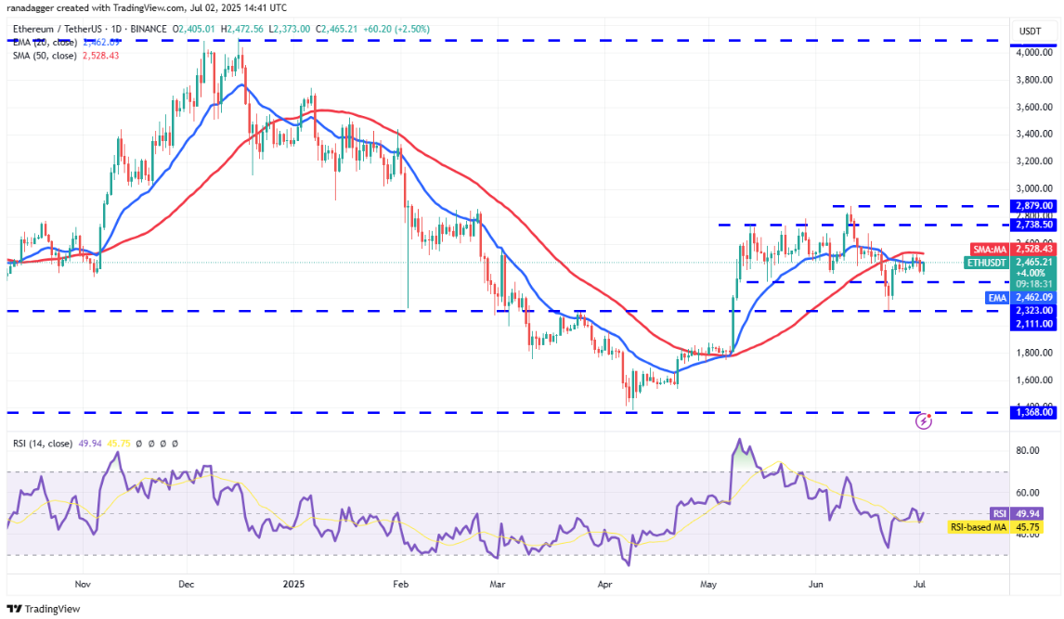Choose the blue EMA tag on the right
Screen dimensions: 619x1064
(x=996, y=297)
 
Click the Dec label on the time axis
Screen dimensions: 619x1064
(x=186, y=585)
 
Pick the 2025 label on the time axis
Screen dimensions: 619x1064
(x=293, y=585)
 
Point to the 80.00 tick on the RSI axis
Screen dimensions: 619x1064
(x=1029, y=450)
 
